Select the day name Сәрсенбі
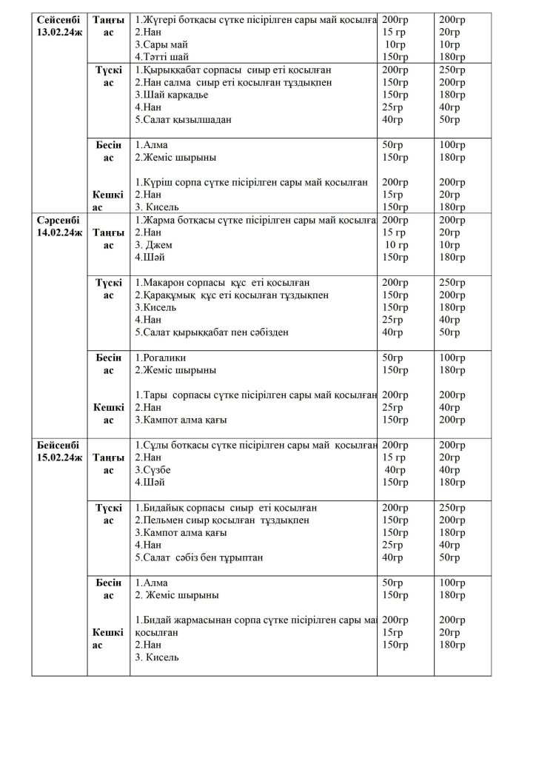point(59,220)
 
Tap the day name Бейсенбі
point(59,445)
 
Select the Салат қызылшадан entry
point(178,120)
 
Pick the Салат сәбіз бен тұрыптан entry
point(199,557)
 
